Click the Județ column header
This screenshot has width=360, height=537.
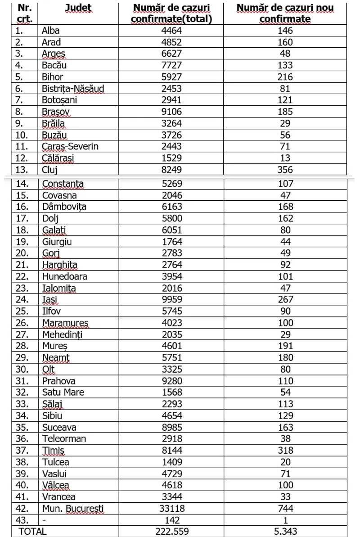coord(78,8)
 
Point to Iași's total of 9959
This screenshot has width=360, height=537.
coord(172,299)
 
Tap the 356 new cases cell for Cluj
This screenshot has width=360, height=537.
coord(285,170)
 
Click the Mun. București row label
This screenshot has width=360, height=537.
coord(73,509)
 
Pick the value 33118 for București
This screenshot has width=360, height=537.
coord(172,509)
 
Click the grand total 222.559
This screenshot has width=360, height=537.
coord(172,532)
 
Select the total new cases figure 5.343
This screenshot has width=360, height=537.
coord(285,532)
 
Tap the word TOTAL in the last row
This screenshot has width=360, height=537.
coord(32,532)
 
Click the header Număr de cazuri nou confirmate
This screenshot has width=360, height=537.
coord(285,14)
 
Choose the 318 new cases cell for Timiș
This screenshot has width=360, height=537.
coord(285,451)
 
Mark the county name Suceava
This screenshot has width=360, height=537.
coord(59,427)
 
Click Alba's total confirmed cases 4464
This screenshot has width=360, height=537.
coord(172,31)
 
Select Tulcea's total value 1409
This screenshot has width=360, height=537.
coord(172,462)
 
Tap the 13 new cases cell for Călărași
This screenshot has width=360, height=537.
coord(285,158)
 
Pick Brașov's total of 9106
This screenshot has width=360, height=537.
coord(172,112)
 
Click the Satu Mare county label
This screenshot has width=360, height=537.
coord(63,393)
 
